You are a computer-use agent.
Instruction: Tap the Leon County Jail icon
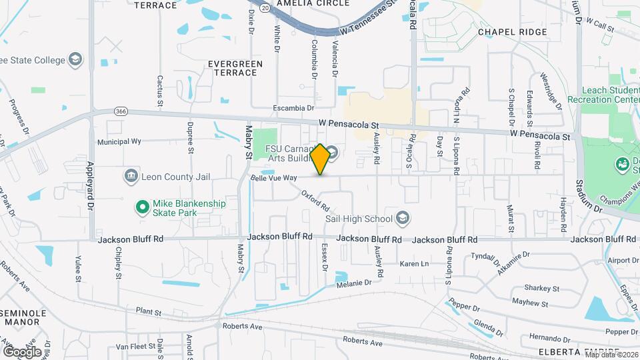131,176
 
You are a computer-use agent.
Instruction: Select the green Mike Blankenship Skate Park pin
141,208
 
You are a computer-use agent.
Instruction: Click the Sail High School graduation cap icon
402,218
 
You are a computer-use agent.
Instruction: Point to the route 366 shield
121,111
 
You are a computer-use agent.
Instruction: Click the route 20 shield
265,8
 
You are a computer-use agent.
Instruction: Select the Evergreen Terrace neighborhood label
235,69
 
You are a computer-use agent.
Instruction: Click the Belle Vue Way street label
273,178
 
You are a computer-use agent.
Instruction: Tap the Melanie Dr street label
353,283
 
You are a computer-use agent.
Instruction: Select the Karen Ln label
414,264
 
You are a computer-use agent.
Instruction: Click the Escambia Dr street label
293,107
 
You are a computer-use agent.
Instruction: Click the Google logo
22,351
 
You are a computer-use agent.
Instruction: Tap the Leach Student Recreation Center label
602,95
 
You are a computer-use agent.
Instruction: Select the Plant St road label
149,311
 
